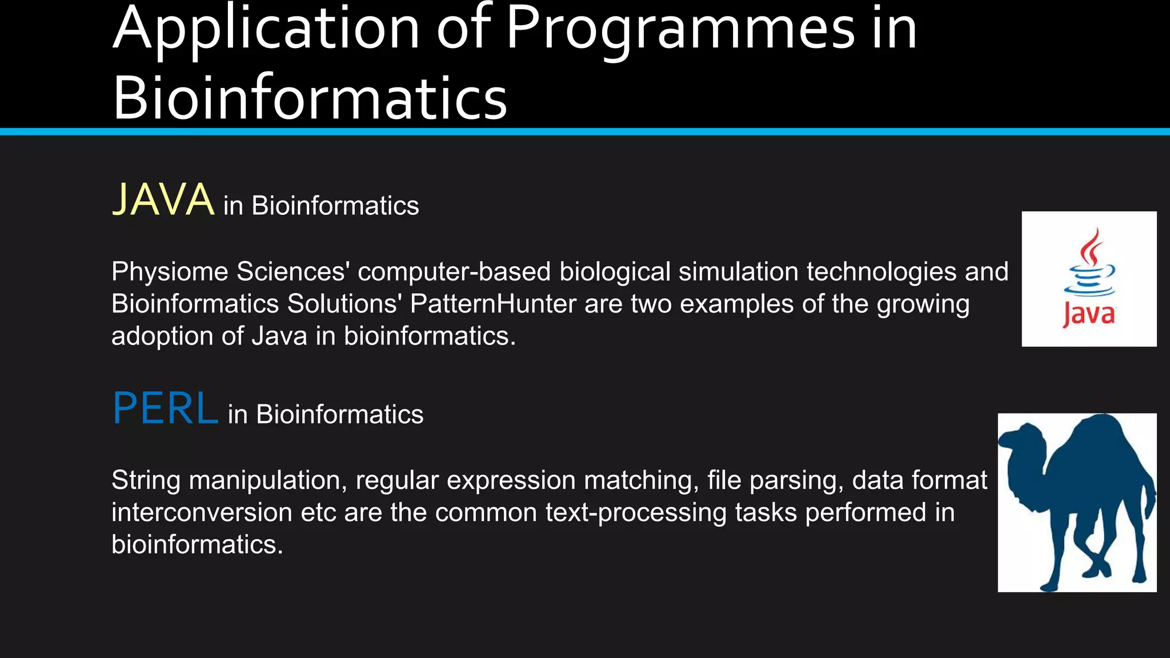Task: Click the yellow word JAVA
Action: (x=163, y=200)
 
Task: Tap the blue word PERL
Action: (x=165, y=408)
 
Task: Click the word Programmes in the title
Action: (x=680, y=29)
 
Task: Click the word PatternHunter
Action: (x=493, y=304)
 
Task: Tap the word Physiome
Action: (x=170, y=272)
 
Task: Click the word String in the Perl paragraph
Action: (x=146, y=480)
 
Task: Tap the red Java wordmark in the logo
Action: (x=1089, y=315)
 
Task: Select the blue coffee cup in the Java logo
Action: (x=1089, y=280)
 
